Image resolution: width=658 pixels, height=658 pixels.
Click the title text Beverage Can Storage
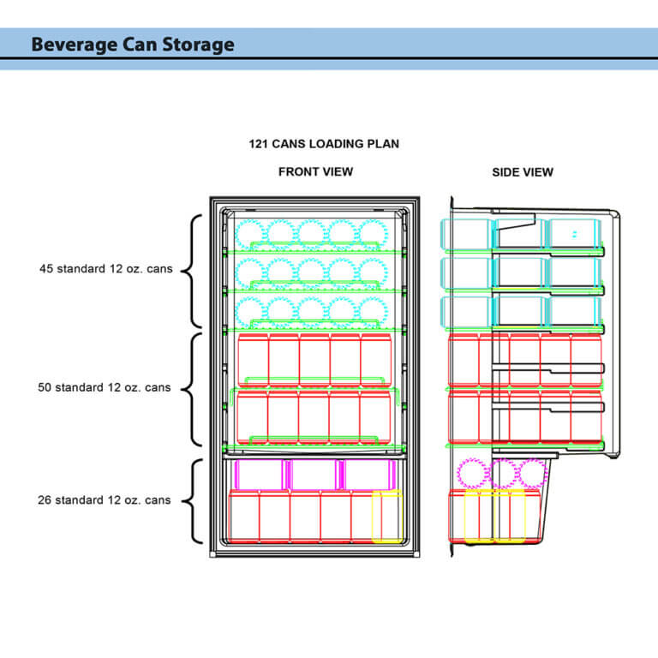pos(132,45)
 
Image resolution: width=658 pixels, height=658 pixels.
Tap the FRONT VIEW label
pos(315,172)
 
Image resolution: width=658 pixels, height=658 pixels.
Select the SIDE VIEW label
pos(522,172)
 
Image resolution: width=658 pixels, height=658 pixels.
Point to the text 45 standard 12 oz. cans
pos(105,269)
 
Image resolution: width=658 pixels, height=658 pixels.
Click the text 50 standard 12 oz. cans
pos(105,387)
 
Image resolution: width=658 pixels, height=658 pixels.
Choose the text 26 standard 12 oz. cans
pos(105,500)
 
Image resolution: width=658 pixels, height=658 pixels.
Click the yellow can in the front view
pos(386,517)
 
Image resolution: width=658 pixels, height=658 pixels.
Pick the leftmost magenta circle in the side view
pos(472,474)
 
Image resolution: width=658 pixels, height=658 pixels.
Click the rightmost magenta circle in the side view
pos(532,474)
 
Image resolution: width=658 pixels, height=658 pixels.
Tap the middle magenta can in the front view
pos(314,475)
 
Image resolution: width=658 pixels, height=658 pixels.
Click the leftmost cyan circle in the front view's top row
pos(249,234)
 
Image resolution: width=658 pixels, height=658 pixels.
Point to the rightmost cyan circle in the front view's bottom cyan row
pos(372,312)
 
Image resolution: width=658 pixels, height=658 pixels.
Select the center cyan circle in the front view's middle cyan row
pos(310,272)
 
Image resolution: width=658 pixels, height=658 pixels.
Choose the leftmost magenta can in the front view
pos(260,475)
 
